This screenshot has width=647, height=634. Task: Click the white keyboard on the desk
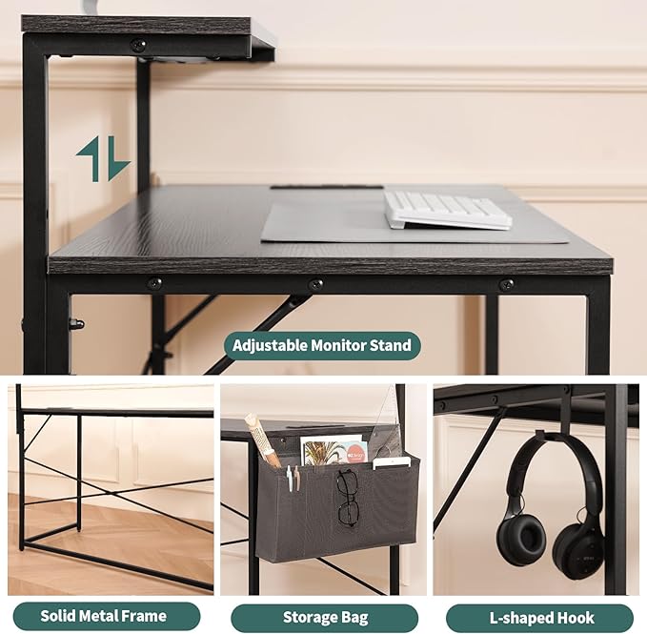tap(448, 210)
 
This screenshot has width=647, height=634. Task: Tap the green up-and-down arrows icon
tap(103, 159)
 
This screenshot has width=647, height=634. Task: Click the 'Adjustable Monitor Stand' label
tap(322, 345)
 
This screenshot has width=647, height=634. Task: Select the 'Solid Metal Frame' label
tap(104, 616)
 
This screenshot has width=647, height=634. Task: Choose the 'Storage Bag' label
tap(325, 618)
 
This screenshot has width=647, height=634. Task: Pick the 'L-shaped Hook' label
tap(541, 618)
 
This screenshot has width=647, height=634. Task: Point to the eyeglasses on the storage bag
tap(348, 498)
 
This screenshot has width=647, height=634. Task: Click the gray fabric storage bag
tap(336, 510)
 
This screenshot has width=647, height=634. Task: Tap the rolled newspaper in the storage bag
tap(262, 440)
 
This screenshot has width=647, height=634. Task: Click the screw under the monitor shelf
tap(138, 44)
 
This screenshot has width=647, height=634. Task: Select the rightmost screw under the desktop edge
tap(506, 284)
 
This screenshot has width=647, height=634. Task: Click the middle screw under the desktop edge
tap(316, 284)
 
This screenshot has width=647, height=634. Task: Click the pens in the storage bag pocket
tap(293, 478)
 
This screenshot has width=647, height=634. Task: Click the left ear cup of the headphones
tap(516, 540)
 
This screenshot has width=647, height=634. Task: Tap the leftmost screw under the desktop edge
tap(154, 284)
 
